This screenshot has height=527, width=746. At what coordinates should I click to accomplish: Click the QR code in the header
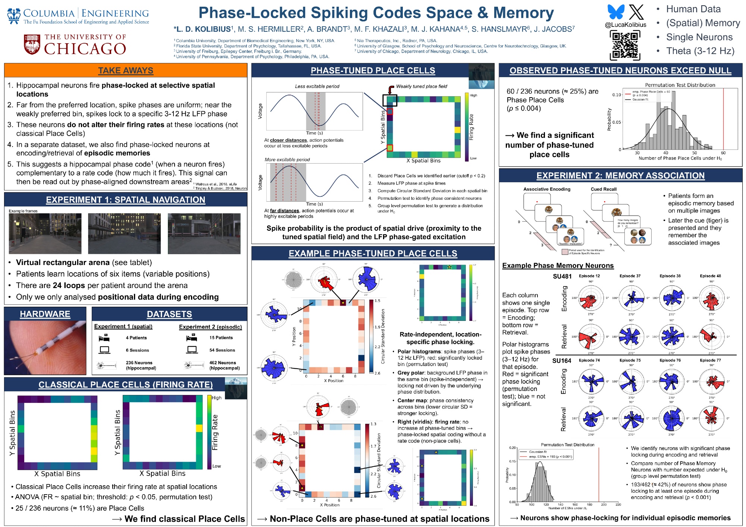click(x=625, y=45)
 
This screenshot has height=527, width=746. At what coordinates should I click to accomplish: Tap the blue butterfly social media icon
click(x=616, y=12)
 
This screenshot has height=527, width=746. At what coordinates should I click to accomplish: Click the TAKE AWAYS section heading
click(x=126, y=70)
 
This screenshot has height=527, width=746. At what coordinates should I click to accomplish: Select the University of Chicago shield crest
click(x=32, y=45)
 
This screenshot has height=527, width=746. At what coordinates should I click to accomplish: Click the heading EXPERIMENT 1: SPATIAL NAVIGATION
click(x=126, y=200)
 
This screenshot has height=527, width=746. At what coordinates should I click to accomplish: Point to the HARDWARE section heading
click(x=45, y=314)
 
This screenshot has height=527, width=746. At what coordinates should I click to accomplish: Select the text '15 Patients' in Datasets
click(x=221, y=338)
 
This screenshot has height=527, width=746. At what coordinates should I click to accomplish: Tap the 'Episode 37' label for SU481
click(x=630, y=276)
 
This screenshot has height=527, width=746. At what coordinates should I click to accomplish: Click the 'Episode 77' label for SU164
click(x=710, y=360)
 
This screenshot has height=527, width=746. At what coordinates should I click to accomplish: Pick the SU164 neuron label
click(x=561, y=361)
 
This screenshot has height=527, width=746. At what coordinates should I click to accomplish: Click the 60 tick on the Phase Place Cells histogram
click(x=723, y=153)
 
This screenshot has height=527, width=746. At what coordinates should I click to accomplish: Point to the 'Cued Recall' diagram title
click(x=604, y=189)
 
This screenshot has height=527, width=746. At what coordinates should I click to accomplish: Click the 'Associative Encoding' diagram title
click(x=547, y=189)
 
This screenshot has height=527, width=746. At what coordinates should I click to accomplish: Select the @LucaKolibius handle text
click(x=626, y=25)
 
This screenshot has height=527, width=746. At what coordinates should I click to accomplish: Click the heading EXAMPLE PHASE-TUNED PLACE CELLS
click(x=373, y=253)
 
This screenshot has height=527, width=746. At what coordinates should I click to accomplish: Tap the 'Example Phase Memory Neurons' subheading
click(x=558, y=265)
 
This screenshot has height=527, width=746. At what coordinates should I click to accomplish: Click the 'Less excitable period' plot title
click(x=317, y=86)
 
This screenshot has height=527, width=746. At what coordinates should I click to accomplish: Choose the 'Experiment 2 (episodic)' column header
click(x=210, y=327)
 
